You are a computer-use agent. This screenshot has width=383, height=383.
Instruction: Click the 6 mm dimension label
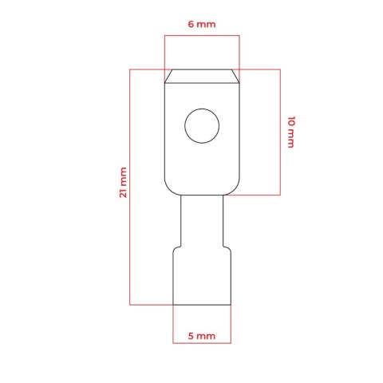coord(202,24)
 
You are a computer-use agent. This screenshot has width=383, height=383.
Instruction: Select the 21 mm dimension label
coord(123,183)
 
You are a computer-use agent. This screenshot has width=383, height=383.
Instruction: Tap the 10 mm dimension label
coord(291,132)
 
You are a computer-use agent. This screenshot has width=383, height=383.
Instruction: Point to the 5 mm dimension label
coord(202,336)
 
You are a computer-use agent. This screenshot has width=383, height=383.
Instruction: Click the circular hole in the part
coord(202,126)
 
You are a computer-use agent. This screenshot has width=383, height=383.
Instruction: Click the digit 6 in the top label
coord(191,24)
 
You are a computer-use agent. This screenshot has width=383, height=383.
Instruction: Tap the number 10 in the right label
coord(291,120)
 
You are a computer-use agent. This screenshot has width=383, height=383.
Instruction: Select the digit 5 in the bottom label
coord(191,336)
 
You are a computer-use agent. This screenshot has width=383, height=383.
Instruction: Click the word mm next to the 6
coord(206,25)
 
